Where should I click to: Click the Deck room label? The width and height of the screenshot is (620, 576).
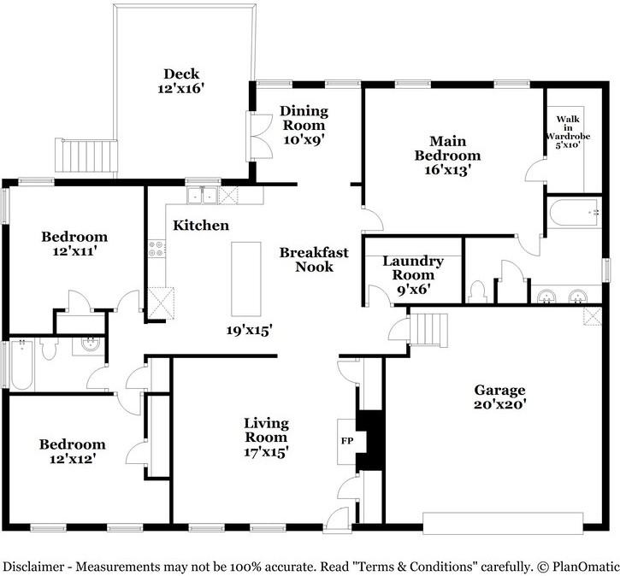point(181,73)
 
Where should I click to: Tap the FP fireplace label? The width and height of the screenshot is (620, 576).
point(347,440)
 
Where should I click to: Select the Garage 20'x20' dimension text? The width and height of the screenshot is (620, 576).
point(499,404)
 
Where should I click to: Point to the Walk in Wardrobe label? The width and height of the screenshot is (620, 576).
point(568,132)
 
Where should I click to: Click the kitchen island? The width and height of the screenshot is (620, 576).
point(246,279)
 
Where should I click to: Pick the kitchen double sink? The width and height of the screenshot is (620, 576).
point(202,195)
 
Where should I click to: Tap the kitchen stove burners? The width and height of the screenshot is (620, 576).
point(156,249)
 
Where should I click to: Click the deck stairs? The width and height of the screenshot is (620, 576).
point(86,156)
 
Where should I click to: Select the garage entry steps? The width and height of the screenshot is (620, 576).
point(428,330)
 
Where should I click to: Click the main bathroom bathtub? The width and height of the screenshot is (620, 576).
point(574,213)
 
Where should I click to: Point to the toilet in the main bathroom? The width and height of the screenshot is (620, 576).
point(477,291)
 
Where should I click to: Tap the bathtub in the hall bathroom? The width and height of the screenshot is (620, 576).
point(21,364)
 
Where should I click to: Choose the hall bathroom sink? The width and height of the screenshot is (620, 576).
point(88,345)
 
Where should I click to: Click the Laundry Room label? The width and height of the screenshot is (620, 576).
point(413,267)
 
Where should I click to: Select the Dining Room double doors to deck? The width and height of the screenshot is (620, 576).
point(259,137)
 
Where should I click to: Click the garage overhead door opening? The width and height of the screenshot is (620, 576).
point(503,523)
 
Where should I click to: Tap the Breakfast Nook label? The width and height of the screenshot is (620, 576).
point(314,260)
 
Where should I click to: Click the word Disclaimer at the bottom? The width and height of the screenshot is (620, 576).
point(33,567)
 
